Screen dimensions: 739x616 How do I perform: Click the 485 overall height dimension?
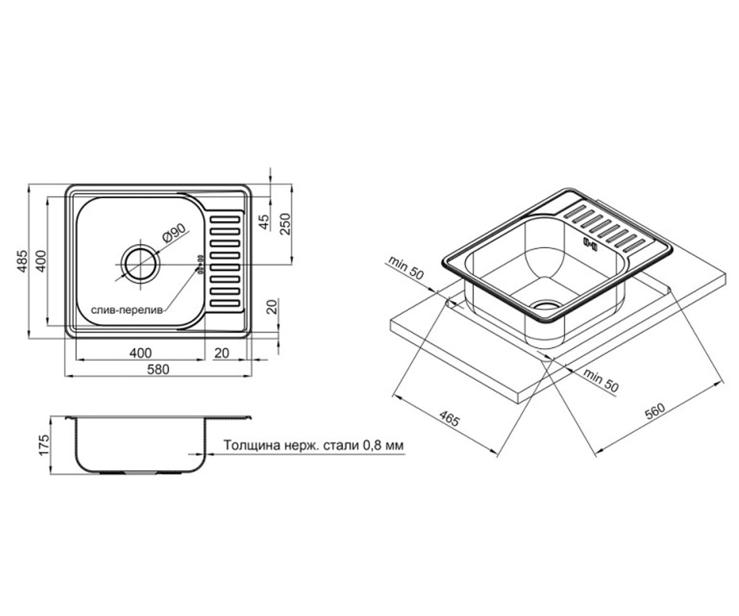point(22,261)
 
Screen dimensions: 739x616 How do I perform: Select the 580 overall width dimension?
point(158,369)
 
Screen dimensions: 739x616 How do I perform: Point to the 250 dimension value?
point(285,224)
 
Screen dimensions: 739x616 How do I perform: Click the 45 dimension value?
point(264,222)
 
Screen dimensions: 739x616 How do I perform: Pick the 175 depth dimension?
point(44,445)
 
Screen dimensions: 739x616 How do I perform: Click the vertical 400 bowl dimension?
point(41,261)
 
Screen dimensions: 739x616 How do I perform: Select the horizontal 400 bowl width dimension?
point(140,353)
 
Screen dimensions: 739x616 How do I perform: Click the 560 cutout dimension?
point(655,411)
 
